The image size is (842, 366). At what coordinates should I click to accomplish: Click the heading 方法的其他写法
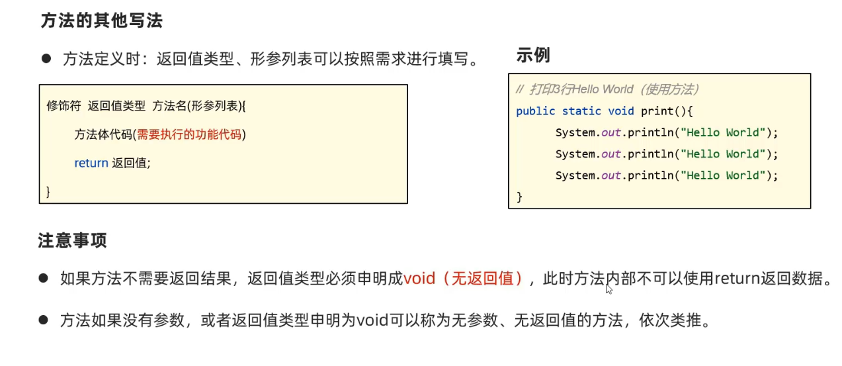click(101, 21)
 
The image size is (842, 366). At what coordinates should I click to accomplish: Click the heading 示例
click(533, 56)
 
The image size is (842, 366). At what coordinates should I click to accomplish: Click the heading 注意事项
click(73, 241)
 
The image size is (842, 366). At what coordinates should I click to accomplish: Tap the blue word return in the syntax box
click(91, 163)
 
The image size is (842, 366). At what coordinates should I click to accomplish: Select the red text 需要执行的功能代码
click(189, 135)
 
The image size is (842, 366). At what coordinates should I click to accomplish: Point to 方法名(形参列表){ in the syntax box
click(199, 106)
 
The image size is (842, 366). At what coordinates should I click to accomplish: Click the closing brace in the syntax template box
click(48, 192)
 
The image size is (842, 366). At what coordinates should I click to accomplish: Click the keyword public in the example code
click(536, 111)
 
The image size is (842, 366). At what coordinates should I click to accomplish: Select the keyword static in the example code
click(581, 111)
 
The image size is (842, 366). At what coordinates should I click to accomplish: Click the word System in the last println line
click(575, 175)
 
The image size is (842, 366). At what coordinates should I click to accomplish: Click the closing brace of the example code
click(519, 197)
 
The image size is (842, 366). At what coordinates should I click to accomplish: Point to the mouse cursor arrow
click(609, 288)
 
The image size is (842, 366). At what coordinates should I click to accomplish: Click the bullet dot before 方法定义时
click(46, 58)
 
